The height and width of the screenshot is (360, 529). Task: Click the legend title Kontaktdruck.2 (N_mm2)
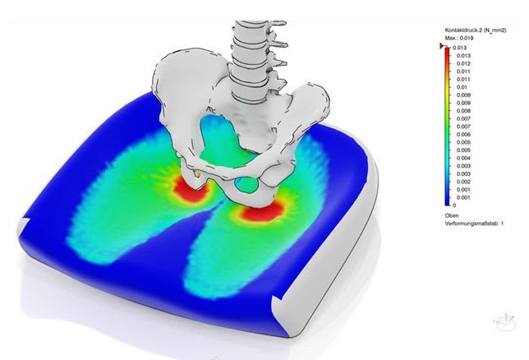pyautogui.click(x=476, y=30)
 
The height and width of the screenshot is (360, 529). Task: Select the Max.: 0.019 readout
pyautogui.click(x=459, y=38)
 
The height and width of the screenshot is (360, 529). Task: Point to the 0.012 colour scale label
pyautogui.click(x=463, y=63)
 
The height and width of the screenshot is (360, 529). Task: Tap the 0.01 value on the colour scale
pyautogui.click(x=462, y=87)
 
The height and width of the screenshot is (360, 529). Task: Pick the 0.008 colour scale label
pyautogui.click(x=463, y=111)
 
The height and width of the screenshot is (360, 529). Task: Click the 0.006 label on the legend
pyautogui.click(x=463, y=135)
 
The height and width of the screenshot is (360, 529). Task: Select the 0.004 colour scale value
pyautogui.click(x=463, y=158)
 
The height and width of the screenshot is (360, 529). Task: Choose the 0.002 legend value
pyautogui.click(x=463, y=182)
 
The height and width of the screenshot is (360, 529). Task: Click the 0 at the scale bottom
pyautogui.click(x=454, y=205)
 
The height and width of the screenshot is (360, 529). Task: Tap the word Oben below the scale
pyautogui.click(x=452, y=215)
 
